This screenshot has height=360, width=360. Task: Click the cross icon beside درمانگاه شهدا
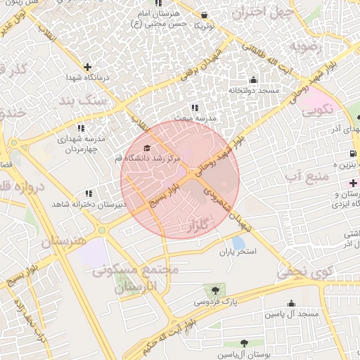point(87,67)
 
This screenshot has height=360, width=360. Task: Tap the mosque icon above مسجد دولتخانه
point(253,80)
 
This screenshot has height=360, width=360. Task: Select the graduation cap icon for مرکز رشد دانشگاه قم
point(146,148)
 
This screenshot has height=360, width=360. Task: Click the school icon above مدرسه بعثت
point(195,108)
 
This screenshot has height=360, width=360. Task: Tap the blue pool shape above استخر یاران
point(238,242)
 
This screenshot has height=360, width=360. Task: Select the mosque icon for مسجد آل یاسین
point(291,304)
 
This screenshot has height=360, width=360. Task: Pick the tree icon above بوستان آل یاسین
point(244,343)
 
